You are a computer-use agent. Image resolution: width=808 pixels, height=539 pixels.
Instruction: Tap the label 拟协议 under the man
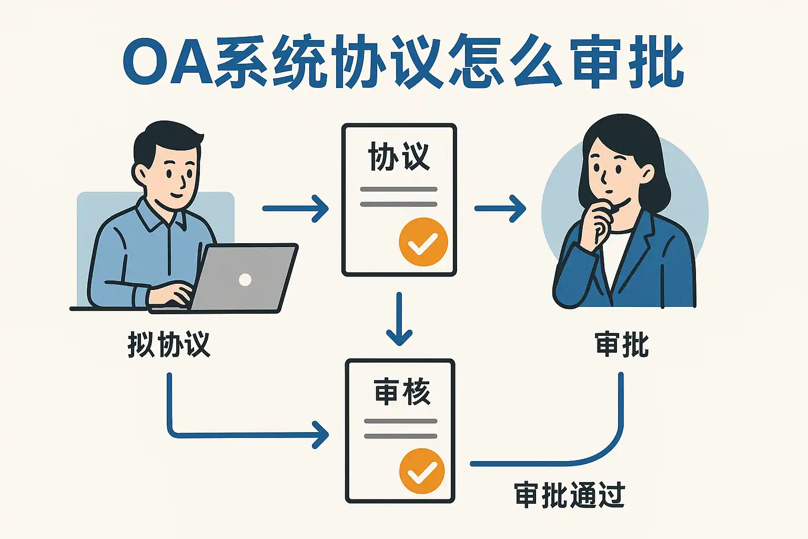click(x=169, y=345)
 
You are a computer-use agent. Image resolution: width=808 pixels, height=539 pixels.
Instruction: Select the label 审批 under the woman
click(x=622, y=345)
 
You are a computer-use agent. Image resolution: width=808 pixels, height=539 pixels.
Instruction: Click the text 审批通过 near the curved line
click(x=569, y=495)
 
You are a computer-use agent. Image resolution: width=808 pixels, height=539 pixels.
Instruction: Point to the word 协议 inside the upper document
click(x=399, y=157)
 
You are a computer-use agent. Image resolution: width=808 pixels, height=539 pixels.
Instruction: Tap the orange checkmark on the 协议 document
click(x=423, y=242)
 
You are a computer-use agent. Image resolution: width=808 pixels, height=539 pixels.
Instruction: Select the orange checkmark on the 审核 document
click(x=422, y=471)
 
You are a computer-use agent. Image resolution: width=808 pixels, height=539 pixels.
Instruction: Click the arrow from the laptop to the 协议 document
click(x=295, y=208)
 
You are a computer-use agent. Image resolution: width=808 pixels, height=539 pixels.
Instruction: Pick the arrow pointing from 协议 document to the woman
click(x=500, y=208)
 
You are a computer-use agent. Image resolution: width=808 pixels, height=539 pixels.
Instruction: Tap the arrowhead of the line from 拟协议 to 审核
click(x=321, y=435)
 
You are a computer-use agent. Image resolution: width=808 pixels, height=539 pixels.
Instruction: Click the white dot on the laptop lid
click(x=245, y=280)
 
